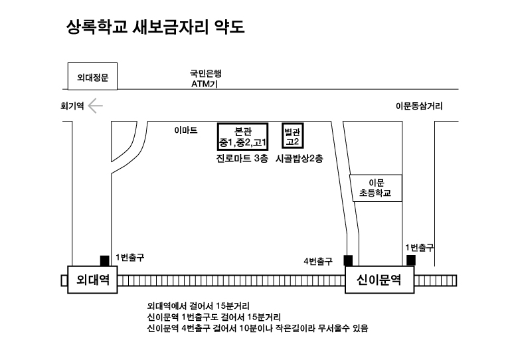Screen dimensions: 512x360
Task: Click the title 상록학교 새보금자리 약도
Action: point(155,27)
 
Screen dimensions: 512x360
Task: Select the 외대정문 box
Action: point(92,76)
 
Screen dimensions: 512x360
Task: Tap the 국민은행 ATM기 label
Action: point(206,78)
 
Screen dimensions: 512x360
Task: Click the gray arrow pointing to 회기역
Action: point(96,106)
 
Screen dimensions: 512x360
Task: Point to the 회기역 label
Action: point(72,106)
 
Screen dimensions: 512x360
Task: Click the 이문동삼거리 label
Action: point(419,106)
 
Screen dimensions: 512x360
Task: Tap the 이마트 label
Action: point(186,130)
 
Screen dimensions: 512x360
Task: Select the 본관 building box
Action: point(243,137)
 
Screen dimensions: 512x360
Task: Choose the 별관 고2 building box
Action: point(293,135)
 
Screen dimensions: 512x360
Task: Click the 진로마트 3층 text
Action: point(242,159)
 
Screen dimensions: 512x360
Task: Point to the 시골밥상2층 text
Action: point(299,159)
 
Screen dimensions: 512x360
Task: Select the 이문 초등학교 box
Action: point(375,188)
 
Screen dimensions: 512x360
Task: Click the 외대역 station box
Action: point(92,280)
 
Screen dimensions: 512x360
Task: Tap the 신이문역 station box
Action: point(379,280)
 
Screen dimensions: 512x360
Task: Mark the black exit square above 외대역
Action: point(104,260)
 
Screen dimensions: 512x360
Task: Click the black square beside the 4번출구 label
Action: point(348,260)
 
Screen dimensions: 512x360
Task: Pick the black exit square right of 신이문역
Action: point(411,260)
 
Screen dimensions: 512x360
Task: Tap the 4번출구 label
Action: point(318,261)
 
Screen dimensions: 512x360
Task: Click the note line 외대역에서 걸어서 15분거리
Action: point(198,306)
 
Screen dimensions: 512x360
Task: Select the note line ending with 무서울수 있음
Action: point(258,328)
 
